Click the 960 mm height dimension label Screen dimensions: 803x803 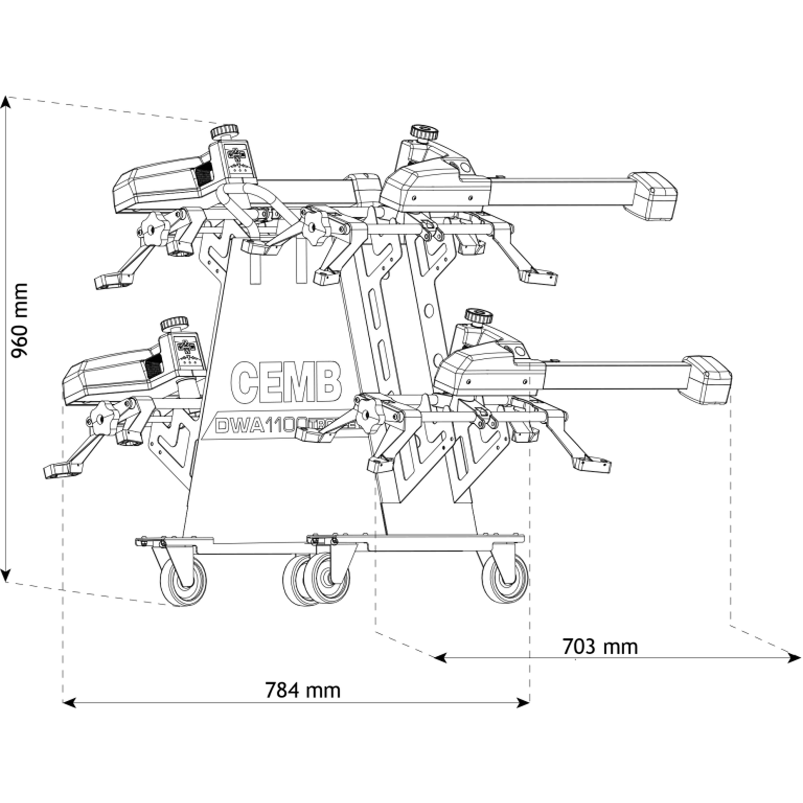[x=19, y=320]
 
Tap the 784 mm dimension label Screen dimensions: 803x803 [x=302, y=690]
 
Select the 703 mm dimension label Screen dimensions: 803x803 [x=600, y=646]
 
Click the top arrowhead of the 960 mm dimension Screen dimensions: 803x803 [x=6, y=101]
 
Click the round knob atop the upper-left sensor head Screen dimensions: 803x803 [x=225, y=130]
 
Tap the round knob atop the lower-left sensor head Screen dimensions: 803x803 [x=175, y=323]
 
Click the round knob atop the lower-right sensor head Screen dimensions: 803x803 [x=478, y=316]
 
